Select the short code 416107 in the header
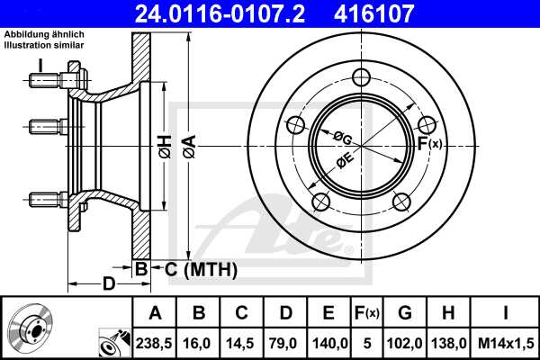point(402,13)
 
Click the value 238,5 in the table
point(154,342)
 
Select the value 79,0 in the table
point(285,342)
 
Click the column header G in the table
point(405,312)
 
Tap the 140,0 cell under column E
point(328,342)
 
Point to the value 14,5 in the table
point(242,342)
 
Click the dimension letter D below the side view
point(108,285)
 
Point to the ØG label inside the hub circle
point(342,137)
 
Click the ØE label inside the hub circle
point(344,162)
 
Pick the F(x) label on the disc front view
point(428,142)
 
